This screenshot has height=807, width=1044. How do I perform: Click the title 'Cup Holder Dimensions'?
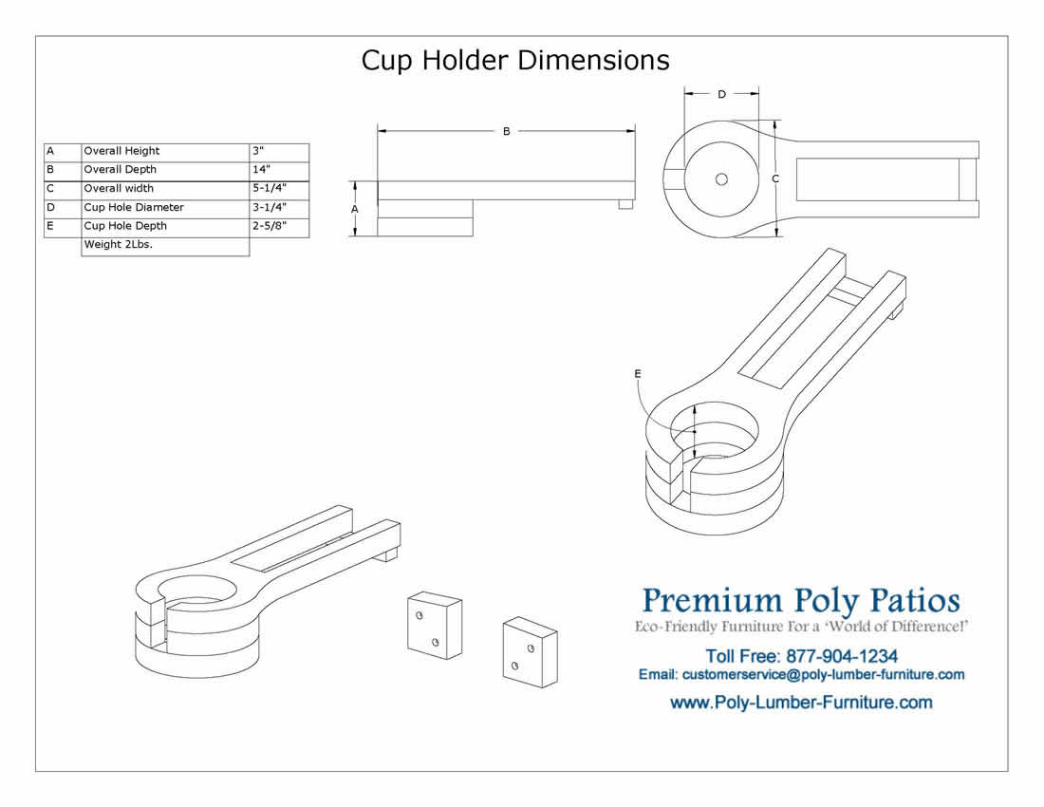tap(515, 60)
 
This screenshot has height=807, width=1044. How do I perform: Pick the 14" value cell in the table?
tap(280, 171)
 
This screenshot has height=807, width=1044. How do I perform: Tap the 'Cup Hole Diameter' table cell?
tap(165, 209)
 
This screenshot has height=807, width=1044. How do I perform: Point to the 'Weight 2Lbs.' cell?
tap(165, 246)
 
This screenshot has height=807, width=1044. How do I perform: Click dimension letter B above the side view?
tap(507, 131)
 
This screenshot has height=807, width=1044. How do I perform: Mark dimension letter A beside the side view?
tap(355, 209)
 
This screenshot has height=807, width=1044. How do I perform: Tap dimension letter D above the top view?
tap(721, 95)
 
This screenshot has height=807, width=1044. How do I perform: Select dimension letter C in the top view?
tap(775, 178)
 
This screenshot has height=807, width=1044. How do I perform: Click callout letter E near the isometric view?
tap(638, 373)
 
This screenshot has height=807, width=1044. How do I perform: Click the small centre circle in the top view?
tap(721, 179)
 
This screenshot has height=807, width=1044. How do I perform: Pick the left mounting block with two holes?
tap(435, 625)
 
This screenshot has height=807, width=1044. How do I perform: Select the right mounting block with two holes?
tap(530, 652)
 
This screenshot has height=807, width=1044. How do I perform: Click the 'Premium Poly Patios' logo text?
tap(801, 601)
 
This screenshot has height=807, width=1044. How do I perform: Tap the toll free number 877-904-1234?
tap(842, 657)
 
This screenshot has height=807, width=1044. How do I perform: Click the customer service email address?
tap(824, 674)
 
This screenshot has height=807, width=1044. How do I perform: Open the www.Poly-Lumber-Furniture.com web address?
tap(801, 703)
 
